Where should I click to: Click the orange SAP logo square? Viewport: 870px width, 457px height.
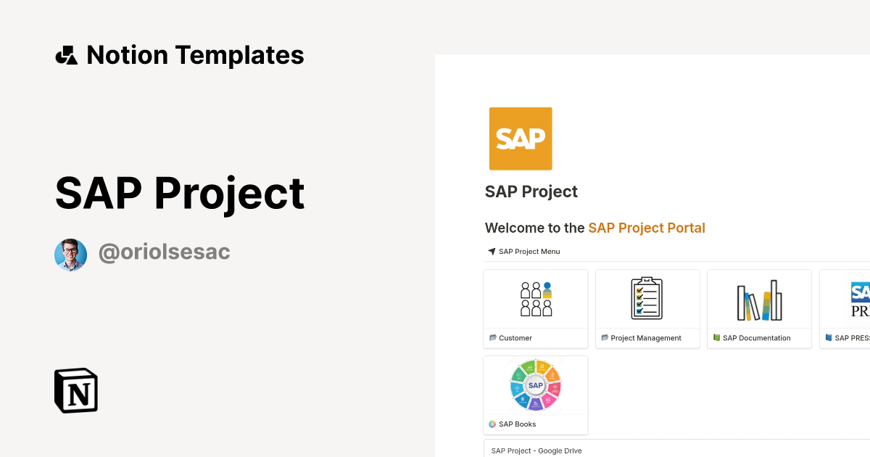521,139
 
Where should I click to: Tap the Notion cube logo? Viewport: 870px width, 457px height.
76,390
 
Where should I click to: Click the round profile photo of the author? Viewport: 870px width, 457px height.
70,255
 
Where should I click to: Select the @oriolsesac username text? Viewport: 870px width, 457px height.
165,252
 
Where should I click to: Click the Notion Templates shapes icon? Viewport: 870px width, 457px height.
66,55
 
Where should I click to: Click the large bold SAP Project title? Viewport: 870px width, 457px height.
180,193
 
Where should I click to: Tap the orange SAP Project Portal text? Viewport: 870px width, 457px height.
647,228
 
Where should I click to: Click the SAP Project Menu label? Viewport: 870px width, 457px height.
529,252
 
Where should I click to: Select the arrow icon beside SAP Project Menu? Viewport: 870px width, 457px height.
492,252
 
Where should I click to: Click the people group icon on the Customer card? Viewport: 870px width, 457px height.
536,299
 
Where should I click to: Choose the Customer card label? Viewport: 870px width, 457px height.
515,338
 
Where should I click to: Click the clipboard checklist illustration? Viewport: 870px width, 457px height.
647,298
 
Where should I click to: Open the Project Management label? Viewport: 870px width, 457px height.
646,338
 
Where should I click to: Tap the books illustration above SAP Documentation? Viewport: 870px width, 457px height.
759,300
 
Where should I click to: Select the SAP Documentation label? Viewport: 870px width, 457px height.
757,338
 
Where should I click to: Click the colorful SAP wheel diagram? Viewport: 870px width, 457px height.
536,385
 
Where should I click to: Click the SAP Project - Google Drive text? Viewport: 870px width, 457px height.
536,450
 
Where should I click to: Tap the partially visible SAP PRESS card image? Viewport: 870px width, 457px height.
859,299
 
